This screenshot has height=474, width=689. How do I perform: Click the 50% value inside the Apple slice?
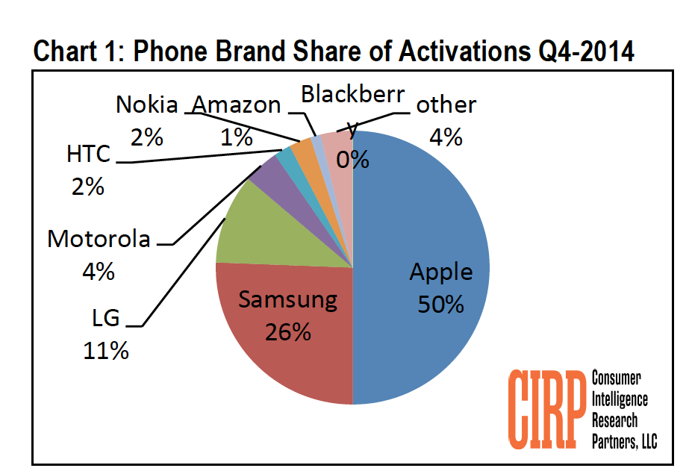coord(441,305)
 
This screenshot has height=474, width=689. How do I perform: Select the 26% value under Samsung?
coord(287,331)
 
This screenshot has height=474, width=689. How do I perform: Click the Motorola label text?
coord(99,239)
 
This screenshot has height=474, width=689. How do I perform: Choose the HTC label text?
coord(88,155)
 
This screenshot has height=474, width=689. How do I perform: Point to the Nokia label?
coord(147,105)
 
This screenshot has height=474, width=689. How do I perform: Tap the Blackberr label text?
coord(352,94)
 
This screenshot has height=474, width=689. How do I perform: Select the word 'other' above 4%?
coord(446,105)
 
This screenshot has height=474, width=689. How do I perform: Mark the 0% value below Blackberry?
coord(352,159)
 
